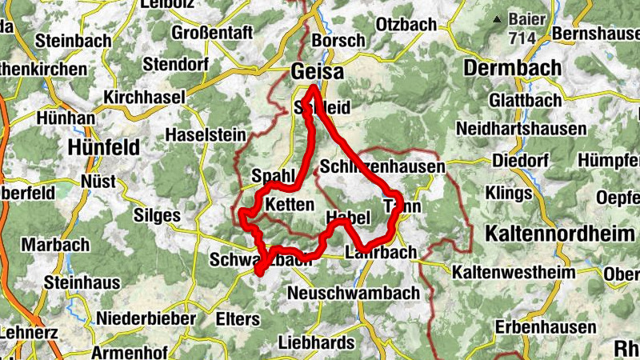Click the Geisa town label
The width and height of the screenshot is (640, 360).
pos(318,71)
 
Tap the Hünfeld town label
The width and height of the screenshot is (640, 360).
pos(104,147)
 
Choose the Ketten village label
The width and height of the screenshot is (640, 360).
pos(289,205)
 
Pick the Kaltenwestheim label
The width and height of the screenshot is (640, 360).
pos(514,273)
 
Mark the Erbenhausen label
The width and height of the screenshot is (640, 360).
pos(545,327)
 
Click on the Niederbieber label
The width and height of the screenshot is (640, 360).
pos(146,318)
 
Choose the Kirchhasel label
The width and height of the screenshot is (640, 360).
pos(144,97)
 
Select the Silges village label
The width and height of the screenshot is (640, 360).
pos(158,216)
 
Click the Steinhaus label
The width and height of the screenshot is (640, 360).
pos(82,282)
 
